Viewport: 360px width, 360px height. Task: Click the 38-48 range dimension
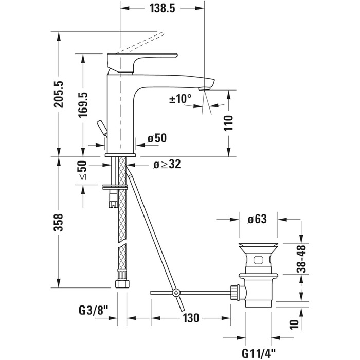click(x=304, y=258)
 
